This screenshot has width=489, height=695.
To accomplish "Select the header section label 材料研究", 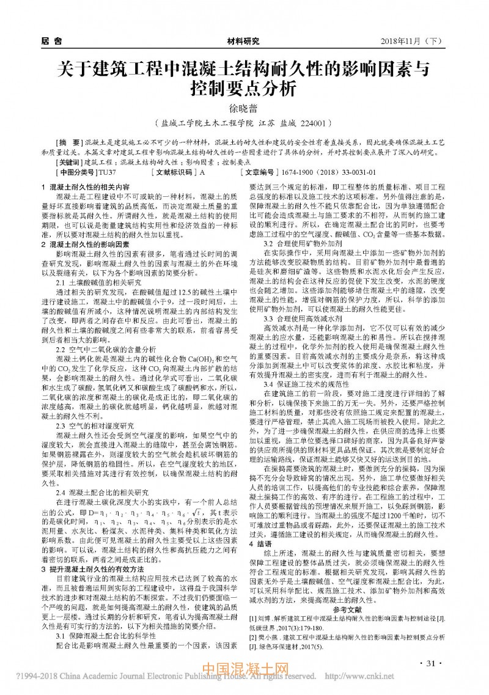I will pyautogui.click(x=243, y=41).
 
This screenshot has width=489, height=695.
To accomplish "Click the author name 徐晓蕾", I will pyautogui.click(x=243, y=108).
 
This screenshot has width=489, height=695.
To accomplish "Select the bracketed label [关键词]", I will pyautogui.click(x=68, y=163).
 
